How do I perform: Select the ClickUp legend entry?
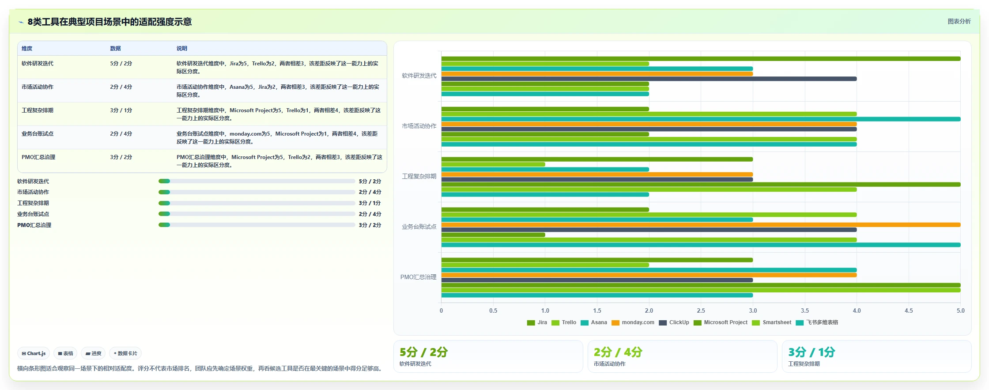(x=674, y=322)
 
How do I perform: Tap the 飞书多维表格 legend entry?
(x=817, y=322)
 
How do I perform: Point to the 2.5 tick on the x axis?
(x=701, y=310)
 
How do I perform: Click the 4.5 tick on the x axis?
(x=909, y=310)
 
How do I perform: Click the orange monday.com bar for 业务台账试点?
(x=701, y=225)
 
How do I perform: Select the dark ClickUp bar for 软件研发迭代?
(x=649, y=79)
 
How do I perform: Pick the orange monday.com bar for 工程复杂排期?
(x=597, y=174)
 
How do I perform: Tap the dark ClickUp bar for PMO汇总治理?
(x=597, y=280)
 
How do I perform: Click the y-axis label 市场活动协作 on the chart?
(x=419, y=126)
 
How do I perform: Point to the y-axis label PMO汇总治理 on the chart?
(x=418, y=277)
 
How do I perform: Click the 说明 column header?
(x=182, y=49)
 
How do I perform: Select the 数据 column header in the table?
(x=115, y=49)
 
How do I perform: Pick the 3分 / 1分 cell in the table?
(x=121, y=110)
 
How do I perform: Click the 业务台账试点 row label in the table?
(x=38, y=134)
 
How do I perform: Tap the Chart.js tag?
(x=34, y=353)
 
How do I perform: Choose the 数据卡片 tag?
(x=125, y=353)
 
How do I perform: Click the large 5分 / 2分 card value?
(x=423, y=352)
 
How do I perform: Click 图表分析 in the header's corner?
(x=959, y=21)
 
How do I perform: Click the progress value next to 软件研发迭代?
(x=370, y=182)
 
